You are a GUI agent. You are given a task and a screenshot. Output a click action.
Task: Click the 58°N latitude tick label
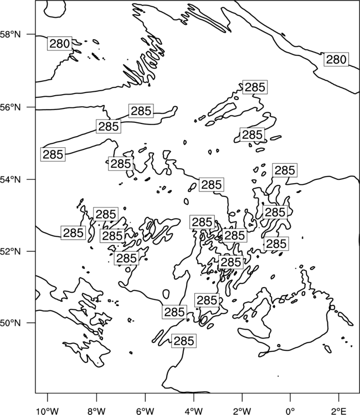click(x=11, y=34)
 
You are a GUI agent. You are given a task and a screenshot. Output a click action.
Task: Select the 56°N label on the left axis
click(x=11, y=107)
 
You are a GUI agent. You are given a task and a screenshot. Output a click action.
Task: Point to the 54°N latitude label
click(x=11, y=179)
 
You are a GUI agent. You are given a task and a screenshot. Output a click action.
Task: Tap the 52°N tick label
click(x=11, y=251)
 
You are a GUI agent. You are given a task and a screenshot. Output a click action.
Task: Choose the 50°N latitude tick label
click(x=11, y=323)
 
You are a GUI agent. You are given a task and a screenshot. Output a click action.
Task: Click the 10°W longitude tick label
click(x=47, y=411)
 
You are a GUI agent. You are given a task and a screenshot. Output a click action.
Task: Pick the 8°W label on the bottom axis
click(x=96, y=411)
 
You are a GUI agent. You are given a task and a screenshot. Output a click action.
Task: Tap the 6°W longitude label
click(x=145, y=411)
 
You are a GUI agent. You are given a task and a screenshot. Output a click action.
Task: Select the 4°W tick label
click(x=193, y=411)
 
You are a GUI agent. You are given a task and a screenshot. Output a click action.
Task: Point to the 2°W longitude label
click(x=242, y=411)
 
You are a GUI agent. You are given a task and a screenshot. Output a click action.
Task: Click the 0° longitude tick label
click(x=290, y=411)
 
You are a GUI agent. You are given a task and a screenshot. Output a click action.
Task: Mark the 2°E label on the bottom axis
click(x=339, y=411)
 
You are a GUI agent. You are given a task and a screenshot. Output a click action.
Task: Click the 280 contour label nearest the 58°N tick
click(x=60, y=44)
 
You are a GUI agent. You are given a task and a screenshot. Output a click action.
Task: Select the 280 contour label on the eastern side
click(x=336, y=60)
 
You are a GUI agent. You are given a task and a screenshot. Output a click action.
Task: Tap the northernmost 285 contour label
click(x=255, y=87)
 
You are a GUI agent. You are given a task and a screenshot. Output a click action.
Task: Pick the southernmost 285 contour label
click(x=184, y=341)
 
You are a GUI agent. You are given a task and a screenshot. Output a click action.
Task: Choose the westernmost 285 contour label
click(x=53, y=154)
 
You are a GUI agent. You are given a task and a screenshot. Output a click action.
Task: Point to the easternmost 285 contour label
click(x=285, y=170)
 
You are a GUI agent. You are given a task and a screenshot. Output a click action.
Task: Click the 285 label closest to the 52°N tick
click(x=73, y=233)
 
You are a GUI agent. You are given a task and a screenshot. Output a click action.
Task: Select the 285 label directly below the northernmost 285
click(x=253, y=134)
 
